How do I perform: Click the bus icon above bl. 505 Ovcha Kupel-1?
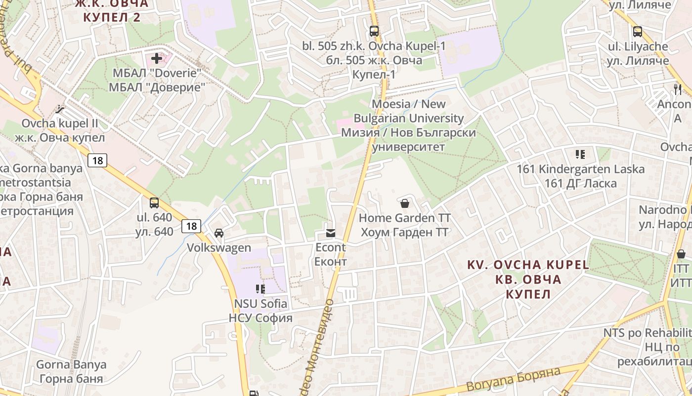pos(374,31)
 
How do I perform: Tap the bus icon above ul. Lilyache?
pos(638,32)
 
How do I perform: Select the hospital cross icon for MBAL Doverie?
pos(157,59)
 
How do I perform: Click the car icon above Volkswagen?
pos(218,233)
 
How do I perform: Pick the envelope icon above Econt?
pos(330,233)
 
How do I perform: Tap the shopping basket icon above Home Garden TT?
pos(404,203)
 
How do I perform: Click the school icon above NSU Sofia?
pos(260,289)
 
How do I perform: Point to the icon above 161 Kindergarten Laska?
pos(580,154)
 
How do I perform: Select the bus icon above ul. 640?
pos(154,202)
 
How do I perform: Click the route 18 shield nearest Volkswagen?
pos(191,226)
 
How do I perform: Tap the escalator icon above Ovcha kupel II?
pos(60,109)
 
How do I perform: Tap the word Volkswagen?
pos(219,247)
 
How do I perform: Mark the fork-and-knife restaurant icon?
pos(677,89)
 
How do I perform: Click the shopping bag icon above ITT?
pos(681,254)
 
